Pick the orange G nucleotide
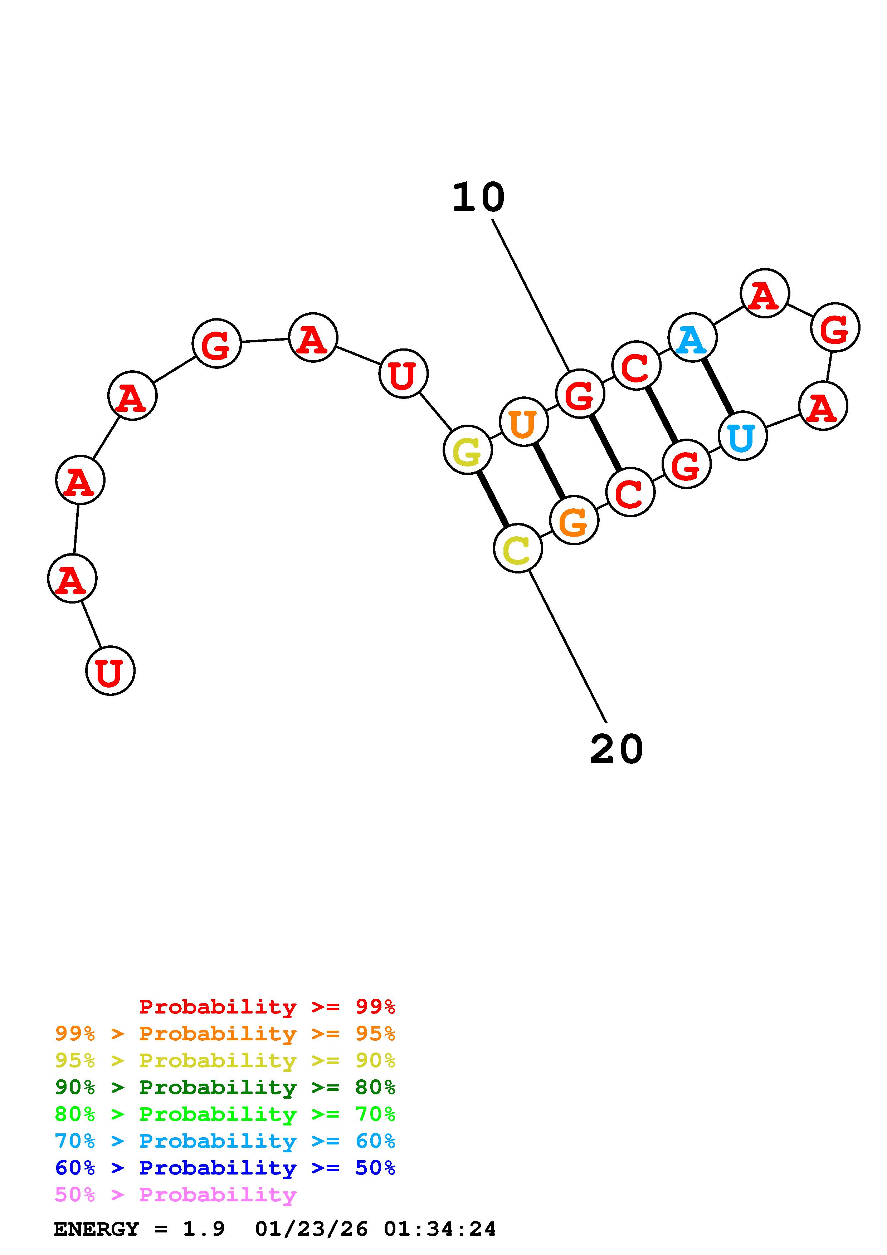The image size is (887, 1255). (x=574, y=521)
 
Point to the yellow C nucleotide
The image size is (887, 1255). (x=517, y=548)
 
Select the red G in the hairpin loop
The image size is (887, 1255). (x=835, y=327)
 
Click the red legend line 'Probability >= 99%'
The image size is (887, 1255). (x=267, y=1007)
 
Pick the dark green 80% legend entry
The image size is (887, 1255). (x=225, y=1087)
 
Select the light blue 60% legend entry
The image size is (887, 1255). (x=225, y=1141)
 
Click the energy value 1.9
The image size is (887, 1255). (x=203, y=1229)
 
